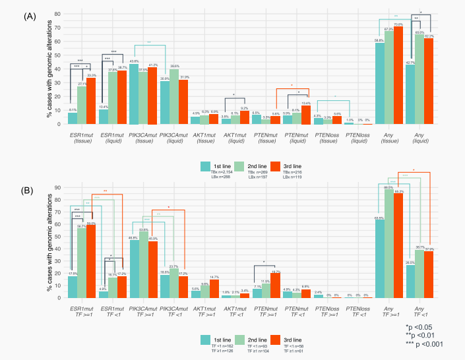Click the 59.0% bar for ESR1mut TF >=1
91,261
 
